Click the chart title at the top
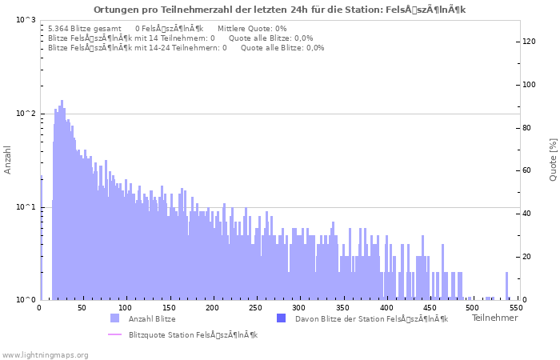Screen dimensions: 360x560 [x=279, y=10]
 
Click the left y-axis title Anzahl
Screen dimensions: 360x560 [x=8, y=160]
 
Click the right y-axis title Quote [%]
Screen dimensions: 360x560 [x=553, y=160]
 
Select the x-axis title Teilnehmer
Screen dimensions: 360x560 [x=494, y=318]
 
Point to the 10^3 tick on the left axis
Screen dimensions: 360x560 [x=26, y=20]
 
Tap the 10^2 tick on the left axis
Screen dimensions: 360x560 [x=26, y=114]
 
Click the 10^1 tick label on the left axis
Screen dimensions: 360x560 [x=26, y=207]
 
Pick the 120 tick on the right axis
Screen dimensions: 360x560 [x=529, y=42]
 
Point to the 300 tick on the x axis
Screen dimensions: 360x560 [x=299, y=307]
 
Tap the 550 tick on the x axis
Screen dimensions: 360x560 [x=515, y=307]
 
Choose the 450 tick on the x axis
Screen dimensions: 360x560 [x=429, y=307]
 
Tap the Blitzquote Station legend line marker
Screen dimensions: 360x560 [x=114, y=334]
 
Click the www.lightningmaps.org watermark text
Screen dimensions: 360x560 [x=44, y=354]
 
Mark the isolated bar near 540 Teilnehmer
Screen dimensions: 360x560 [x=506, y=286]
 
